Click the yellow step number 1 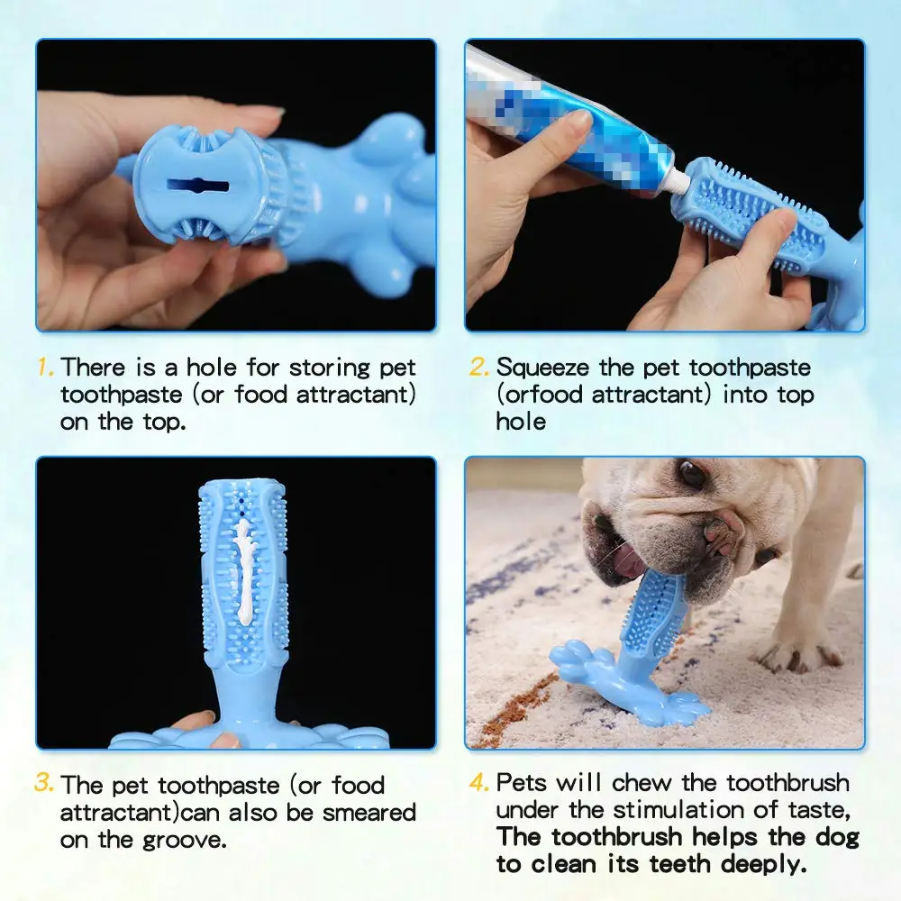(x=44, y=369)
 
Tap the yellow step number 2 (x=479, y=368)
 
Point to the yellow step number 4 (x=479, y=783)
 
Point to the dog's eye (x=691, y=474)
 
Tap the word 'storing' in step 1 (x=329, y=368)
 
